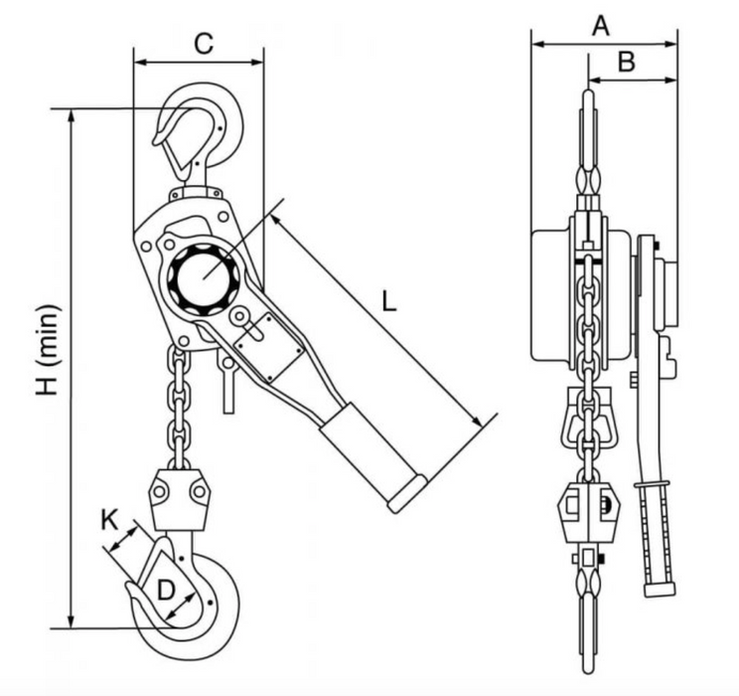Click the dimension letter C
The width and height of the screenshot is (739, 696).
203,43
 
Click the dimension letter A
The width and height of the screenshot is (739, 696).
599,26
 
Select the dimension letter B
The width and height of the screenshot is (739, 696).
626,62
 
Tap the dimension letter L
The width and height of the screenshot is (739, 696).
389,299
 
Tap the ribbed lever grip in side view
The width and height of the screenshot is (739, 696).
655,532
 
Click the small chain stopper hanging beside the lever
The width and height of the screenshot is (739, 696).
229,383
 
